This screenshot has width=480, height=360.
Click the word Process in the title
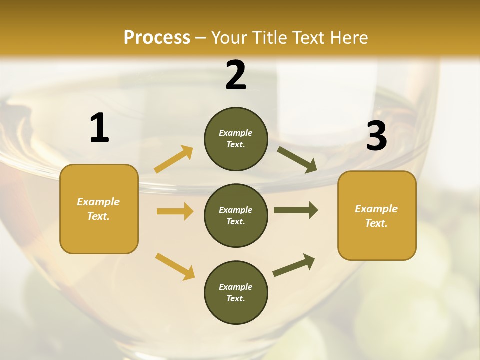click(157, 37)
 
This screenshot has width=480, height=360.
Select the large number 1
click(99, 128)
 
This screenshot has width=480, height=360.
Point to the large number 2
click(236, 75)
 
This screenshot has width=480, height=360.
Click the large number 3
click(376, 136)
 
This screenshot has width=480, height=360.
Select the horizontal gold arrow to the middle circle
click(175, 211)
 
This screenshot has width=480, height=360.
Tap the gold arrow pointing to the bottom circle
click(175, 266)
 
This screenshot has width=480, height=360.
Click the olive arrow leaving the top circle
click(297, 159)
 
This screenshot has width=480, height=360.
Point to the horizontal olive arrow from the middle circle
click(296, 210)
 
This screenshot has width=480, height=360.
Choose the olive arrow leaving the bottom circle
click(294, 265)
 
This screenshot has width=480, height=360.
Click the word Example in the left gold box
click(98, 202)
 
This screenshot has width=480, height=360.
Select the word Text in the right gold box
click(376, 223)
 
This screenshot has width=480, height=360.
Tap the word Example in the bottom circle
click(236, 287)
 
